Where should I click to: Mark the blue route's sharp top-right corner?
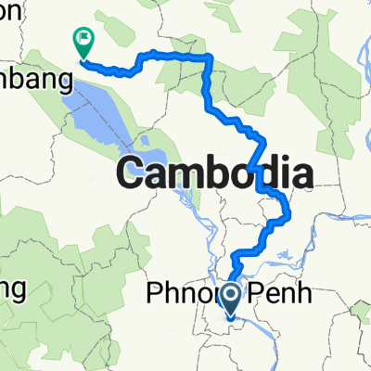pyautogui.click(x=210, y=58)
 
